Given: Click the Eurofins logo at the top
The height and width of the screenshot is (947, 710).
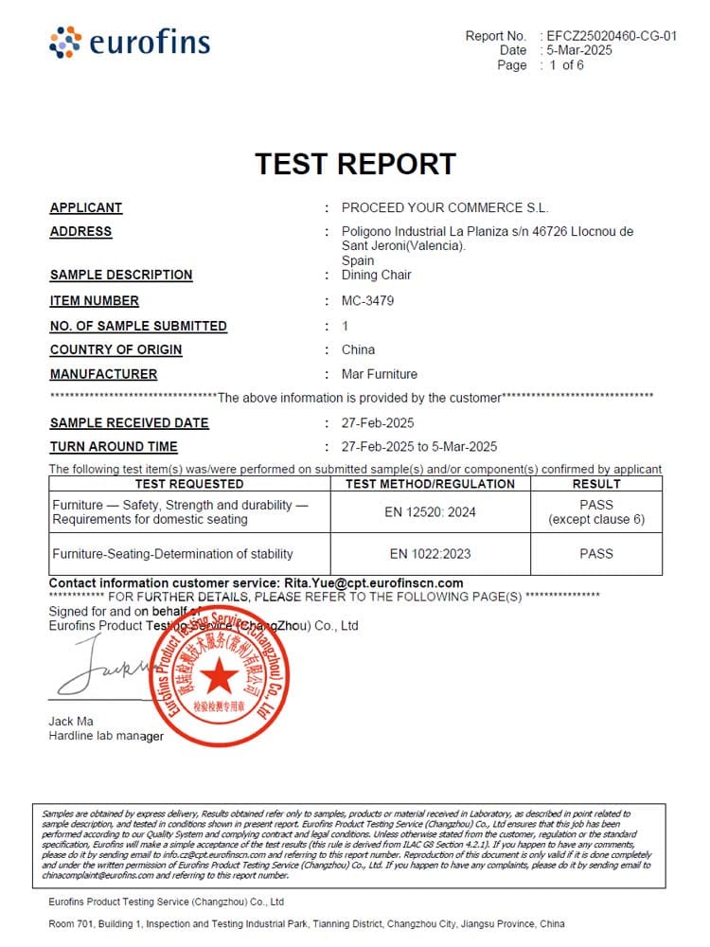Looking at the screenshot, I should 130,43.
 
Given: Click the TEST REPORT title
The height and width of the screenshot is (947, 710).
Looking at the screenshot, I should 355,164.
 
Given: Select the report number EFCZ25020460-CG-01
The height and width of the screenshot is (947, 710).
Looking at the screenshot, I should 612,36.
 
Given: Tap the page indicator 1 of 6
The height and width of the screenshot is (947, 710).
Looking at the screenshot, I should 565,65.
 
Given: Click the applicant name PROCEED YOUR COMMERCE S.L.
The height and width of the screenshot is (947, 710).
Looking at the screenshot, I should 445,207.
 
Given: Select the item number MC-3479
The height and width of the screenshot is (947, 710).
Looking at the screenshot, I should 367,301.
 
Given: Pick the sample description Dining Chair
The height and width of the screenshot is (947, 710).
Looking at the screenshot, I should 376,275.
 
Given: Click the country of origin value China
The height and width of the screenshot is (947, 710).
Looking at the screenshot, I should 358,349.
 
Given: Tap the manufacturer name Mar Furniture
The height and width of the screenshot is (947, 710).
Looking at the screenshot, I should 379,374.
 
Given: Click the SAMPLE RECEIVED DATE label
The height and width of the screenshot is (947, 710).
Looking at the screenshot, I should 130,423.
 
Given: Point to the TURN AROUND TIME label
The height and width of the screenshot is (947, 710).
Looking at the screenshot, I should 114,447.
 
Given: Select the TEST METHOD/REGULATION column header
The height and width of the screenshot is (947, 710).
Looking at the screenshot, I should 431,484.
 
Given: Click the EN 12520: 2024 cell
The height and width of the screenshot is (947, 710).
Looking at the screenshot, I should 433,512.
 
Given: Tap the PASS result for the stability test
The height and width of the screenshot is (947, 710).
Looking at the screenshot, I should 596,554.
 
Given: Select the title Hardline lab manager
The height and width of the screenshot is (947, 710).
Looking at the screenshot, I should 106,736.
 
